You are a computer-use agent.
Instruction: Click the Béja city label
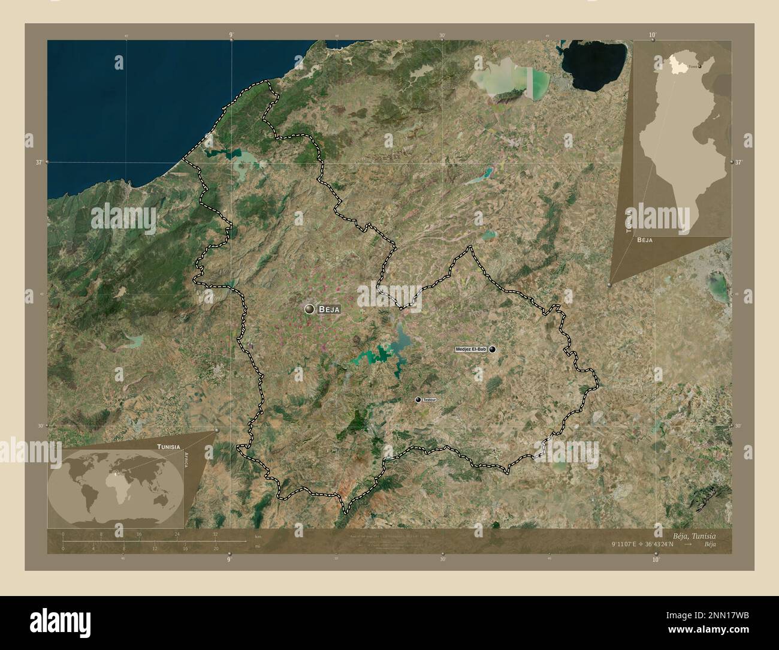(330, 309)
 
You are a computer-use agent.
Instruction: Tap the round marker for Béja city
(309, 309)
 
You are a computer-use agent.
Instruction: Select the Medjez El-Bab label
(470, 349)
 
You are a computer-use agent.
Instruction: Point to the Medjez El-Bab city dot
(492, 349)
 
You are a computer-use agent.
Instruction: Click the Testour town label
(430, 399)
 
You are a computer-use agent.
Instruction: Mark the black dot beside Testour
(418, 399)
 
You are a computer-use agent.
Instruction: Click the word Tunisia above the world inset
(168, 447)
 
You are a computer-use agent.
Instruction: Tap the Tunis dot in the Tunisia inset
(699, 66)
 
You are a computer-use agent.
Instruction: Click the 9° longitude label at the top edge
(231, 35)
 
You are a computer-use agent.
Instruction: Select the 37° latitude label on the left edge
(40, 162)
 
